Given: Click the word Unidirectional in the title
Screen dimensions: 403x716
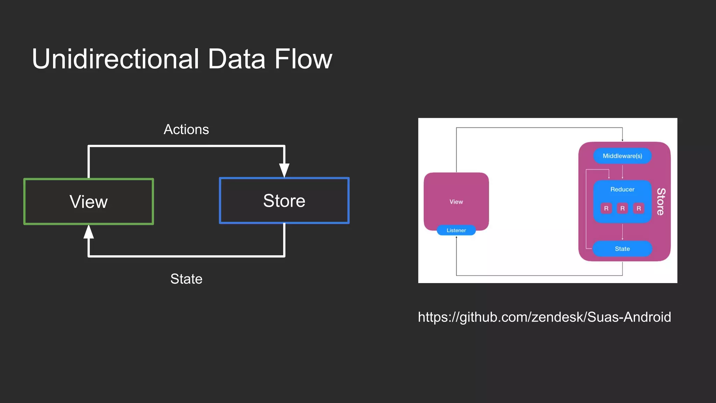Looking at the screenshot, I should (x=115, y=59).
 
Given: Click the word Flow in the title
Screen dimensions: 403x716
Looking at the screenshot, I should (x=303, y=59).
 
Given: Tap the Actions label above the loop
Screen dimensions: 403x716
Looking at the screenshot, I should (x=186, y=129).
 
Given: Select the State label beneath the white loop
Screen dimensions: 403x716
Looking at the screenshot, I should (x=186, y=279).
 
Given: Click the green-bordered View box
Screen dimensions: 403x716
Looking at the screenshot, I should (x=88, y=201).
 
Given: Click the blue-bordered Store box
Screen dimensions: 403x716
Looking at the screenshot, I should (x=284, y=200).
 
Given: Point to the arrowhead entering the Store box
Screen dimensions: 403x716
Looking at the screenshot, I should (x=284, y=170).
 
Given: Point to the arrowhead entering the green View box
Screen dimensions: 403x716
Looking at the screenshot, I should (x=89, y=232).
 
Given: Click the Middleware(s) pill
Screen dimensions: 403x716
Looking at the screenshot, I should (x=622, y=156).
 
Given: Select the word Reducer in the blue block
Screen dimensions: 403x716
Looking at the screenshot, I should (x=622, y=189).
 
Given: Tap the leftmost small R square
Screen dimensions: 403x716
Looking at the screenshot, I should (x=606, y=208).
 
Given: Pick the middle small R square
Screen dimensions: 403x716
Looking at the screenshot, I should (x=622, y=208).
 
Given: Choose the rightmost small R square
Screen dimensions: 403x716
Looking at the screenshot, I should (x=639, y=208).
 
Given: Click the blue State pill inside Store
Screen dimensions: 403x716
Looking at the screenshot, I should (x=622, y=249).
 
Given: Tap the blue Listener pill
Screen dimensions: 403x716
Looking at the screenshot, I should (x=456, y=230).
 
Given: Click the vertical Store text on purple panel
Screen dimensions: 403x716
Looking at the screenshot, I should (x=661, y=201).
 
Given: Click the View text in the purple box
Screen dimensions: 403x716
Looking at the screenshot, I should (x=456, y=202).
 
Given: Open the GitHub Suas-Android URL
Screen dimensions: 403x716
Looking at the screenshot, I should (x=544, y=317).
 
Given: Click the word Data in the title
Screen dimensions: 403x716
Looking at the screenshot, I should (x=236, y=59).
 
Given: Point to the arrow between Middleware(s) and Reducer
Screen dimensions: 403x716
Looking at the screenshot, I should (x=622, y=172).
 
